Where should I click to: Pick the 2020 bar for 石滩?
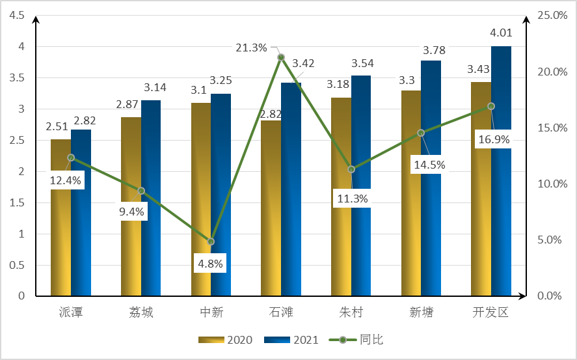tap(271, 208)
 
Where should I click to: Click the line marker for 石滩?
tap(281, 57)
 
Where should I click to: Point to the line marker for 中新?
tap(211, 242)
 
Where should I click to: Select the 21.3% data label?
tap(251, 48)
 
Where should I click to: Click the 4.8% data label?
tap(209, 264)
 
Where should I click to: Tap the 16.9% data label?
tap(492, 139)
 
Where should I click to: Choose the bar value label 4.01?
tap(501, 33)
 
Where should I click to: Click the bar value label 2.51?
tap(57, 126)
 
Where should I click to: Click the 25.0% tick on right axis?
tap(550, 16)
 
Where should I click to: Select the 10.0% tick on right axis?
tap(550, 184)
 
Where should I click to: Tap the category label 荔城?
tap(141, 312)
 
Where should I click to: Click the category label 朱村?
tap(351, 312)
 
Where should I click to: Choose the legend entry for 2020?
tap(221, 340)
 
